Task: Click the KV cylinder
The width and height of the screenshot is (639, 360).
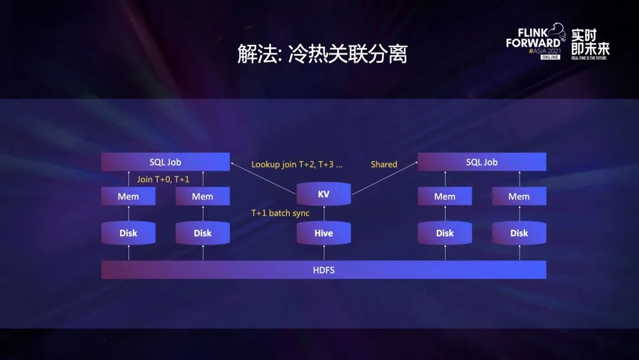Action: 324,194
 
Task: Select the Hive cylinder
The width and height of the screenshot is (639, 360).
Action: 324,233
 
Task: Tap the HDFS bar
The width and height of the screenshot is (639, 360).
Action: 324,270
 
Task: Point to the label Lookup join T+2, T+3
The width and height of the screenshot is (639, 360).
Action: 296,164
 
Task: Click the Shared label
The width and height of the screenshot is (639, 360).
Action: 384,164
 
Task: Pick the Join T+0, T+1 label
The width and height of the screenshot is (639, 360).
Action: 163,179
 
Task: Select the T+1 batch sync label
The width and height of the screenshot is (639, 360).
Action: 280,213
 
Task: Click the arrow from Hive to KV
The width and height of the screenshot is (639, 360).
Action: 324,214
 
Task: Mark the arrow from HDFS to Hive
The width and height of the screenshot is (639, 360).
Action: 324,253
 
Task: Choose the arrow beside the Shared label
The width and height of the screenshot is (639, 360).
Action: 385,178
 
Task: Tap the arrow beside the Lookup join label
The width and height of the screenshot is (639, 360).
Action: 263,176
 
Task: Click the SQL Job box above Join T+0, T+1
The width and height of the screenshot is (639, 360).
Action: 165,162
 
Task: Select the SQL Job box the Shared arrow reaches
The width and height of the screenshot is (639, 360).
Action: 482,162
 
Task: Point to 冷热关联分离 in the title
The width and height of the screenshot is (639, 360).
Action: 348,54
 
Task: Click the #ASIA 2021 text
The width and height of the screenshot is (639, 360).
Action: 544,51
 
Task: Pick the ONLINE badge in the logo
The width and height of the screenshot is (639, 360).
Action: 550,57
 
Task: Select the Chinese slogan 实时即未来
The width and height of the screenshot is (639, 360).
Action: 590,41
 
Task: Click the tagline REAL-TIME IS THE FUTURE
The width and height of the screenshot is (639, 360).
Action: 590,58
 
